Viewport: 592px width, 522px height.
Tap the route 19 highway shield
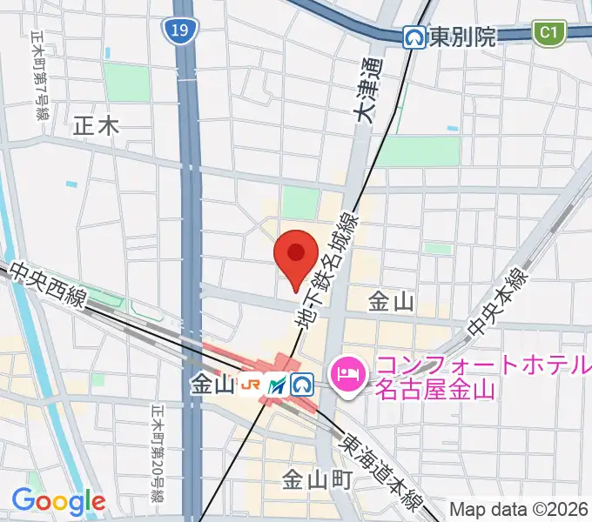(x=178, y=32)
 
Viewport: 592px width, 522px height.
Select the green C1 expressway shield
(x=548, y=34)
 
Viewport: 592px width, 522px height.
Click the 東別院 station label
(x=462, y=37)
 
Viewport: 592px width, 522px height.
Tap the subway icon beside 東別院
(x=414, y=37)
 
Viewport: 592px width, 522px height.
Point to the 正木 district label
(x=96, y=126)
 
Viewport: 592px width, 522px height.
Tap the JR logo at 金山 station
(x=252, y=384)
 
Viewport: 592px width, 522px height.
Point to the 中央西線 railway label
(x=49, y=285)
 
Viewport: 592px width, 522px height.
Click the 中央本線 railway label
(x=498, y=303)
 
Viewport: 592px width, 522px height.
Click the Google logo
(x=58, y=501)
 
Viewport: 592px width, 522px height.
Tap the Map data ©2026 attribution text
(x=517, y=509)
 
